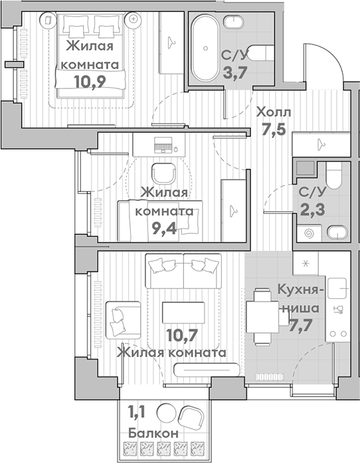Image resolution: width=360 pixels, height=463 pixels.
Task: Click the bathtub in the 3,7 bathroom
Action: [x=205, y=48]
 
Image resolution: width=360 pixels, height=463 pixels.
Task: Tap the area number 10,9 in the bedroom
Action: [x=90, y=81]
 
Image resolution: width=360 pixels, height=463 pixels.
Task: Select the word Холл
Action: [x=274, y=112]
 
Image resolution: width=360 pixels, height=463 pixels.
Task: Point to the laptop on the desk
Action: [x=163, y=145]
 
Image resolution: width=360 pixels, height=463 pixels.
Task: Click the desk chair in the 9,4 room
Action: [x=164, y=174]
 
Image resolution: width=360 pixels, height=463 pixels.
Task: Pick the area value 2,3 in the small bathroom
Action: [x=312, y=209]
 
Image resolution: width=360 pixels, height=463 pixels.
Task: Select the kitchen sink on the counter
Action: [x=337, y=288]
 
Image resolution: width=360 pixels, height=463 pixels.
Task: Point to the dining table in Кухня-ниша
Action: [x=262, y=317]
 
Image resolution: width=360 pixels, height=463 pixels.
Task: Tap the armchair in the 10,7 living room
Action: [x=123, y=320]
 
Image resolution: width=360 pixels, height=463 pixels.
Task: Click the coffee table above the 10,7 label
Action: [x=183, y=312]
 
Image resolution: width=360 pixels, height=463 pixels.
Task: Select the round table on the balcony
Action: [x=166, y=413]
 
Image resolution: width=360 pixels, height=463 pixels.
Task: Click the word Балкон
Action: [x=153, y=434]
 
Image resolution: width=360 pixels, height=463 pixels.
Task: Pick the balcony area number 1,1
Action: [x=136, y=412]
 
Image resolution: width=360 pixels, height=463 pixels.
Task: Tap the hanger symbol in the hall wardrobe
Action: [x=321, y=144]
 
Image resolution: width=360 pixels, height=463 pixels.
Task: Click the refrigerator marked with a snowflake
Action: [x=306, y=264]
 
